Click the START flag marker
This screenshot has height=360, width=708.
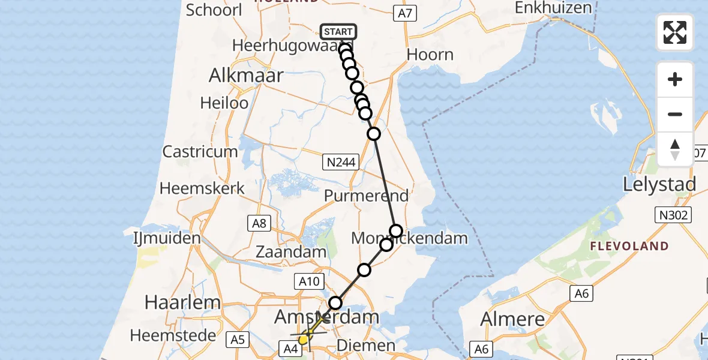339,32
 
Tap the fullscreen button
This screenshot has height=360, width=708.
674,32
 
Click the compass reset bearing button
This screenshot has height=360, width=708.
674,149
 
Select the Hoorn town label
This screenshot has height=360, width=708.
430,55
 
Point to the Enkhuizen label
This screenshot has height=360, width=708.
553,8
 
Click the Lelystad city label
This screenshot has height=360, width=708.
659,184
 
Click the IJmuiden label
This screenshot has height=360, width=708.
166,238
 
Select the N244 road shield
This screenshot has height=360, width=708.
340,162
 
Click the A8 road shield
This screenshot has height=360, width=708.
259,223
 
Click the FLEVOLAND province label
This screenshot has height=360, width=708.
629,246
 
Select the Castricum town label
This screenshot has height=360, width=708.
200,151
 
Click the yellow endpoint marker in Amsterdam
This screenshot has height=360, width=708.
304,340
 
